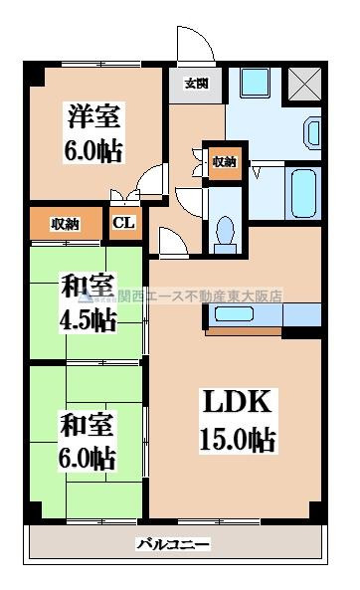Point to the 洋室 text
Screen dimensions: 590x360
(x=94, y=117)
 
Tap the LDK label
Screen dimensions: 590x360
(x=239, y=403)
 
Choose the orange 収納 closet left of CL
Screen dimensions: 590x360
(x=65, y=223)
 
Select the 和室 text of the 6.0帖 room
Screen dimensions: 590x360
(x=86, y=422)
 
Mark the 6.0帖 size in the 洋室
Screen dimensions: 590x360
(x=94, y=151)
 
